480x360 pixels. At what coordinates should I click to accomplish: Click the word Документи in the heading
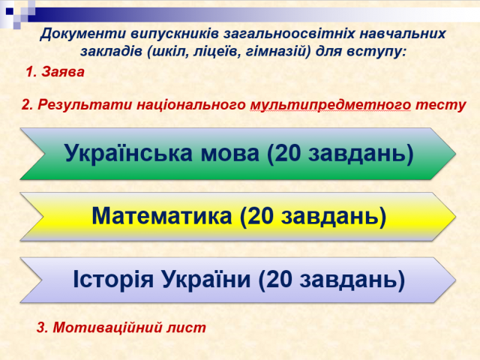click(82, 34)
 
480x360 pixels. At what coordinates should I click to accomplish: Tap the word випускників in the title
click(175, 33)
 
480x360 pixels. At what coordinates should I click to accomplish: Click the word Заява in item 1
click(63, 72)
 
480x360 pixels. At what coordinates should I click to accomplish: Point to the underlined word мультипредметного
click(331, 105)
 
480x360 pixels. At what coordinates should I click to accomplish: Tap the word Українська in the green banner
click(128, 153)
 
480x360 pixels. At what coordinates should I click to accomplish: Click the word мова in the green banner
click(230, 153)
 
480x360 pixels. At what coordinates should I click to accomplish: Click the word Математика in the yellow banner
click(162, 216)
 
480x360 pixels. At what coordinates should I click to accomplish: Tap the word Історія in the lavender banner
click(113, 279)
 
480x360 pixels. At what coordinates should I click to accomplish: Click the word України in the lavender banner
click(206, 278)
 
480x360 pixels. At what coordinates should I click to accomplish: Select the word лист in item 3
click(187, 328)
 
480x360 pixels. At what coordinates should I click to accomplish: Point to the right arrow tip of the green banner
click(456, 153)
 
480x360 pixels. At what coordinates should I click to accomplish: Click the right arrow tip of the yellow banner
click(456, 217)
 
